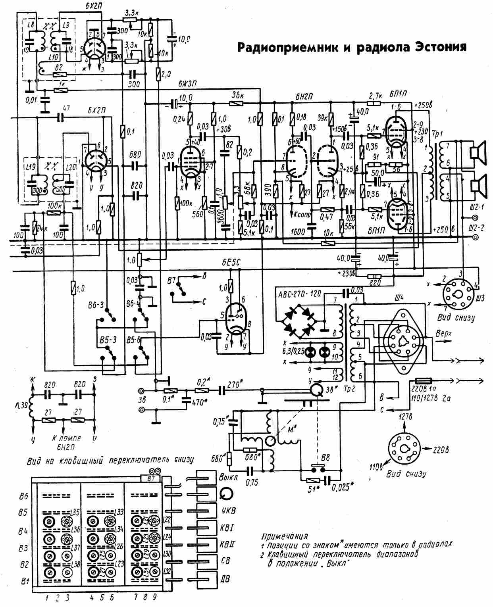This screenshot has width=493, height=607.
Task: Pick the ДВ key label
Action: coord(224,579)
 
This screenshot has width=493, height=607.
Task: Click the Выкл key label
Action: coord(228,477)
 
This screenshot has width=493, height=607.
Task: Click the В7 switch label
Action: coord(172,281)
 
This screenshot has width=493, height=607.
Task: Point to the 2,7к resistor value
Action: coord(376,96)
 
